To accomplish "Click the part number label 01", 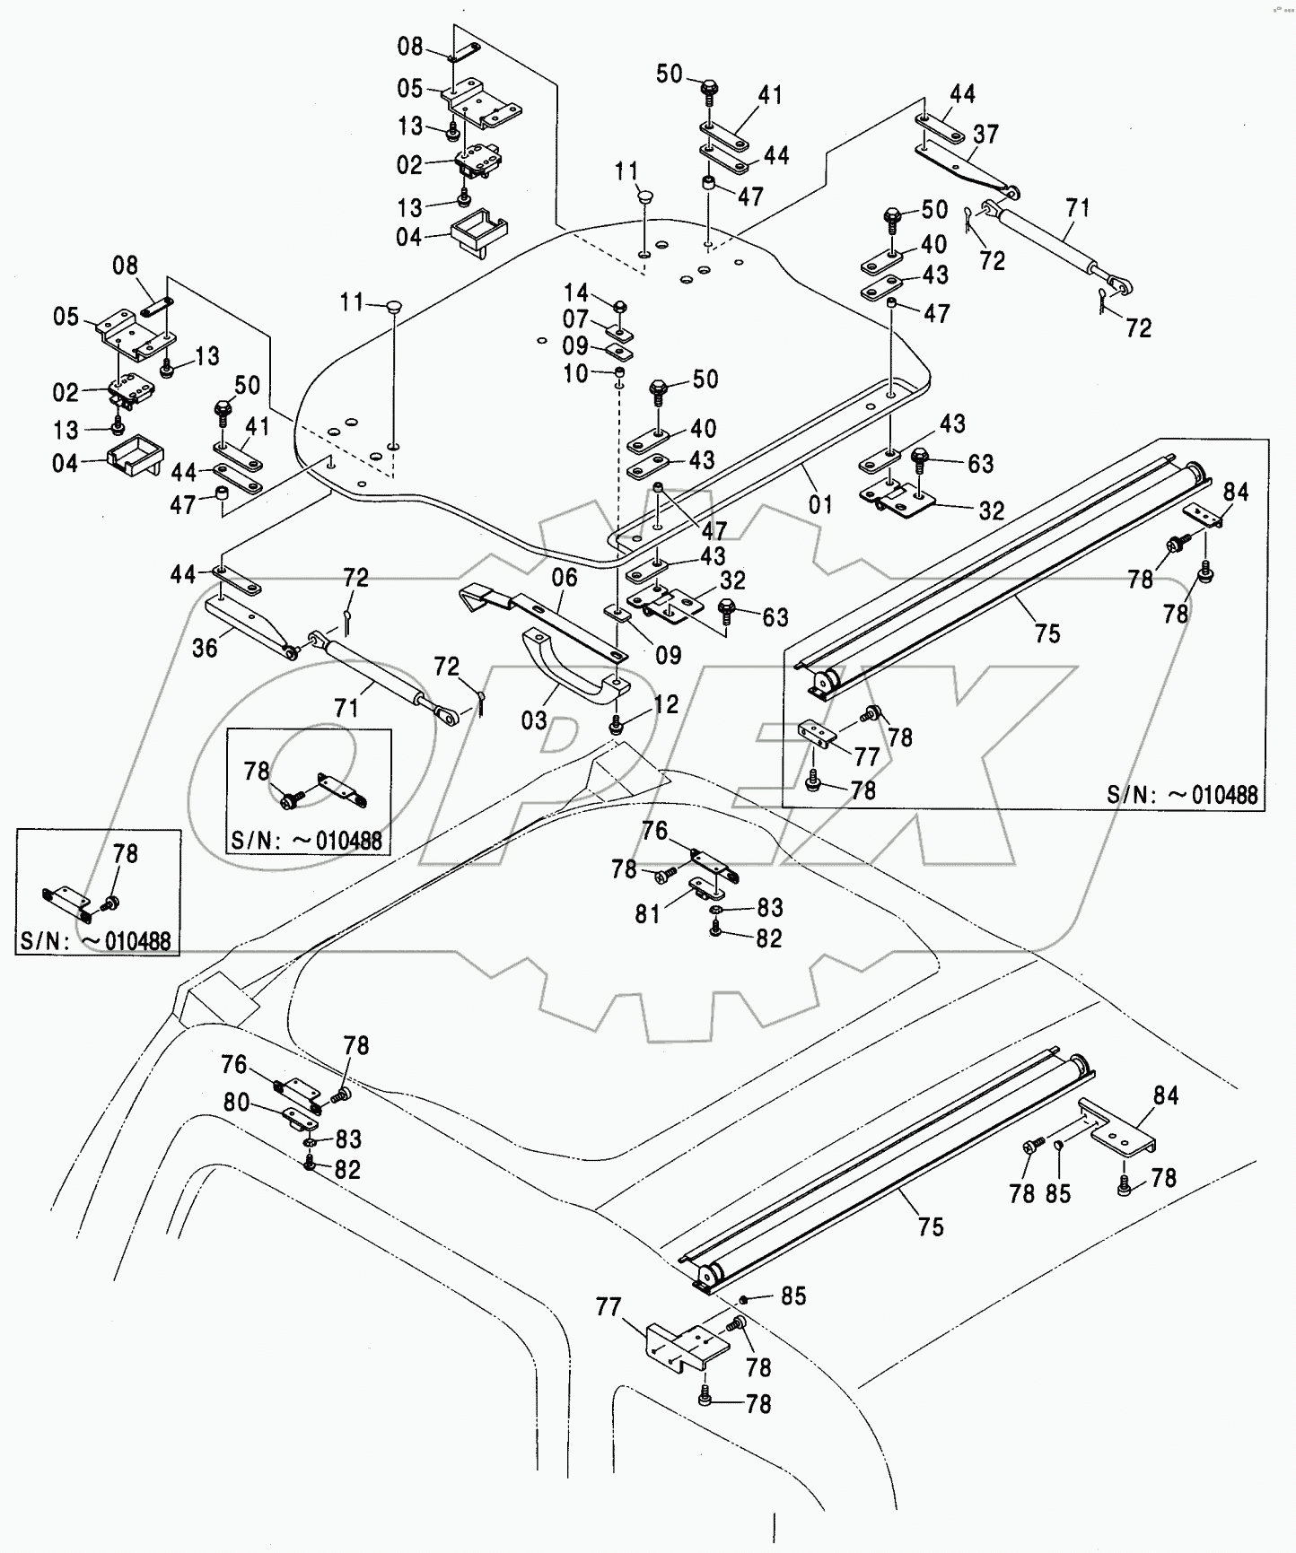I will (820, 504).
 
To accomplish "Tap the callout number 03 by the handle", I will (534, 720).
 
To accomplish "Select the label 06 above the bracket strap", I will (565, 577).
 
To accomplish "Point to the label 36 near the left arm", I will (205, 647).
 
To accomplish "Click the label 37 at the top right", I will (985, 135).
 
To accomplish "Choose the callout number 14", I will (576, 292).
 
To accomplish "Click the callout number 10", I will (576, 373).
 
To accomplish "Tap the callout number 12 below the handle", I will (666, 704).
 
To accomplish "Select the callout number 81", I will (648, 913).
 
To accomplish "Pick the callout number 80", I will (236, 1101).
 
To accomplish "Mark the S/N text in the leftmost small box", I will (94, 941).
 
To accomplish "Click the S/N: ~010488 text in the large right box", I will (1181, 794).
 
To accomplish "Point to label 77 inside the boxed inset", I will (867, 757).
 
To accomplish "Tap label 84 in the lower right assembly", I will (1165, 1095).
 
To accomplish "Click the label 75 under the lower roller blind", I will (931, 1226).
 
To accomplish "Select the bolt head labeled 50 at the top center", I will (708, 89).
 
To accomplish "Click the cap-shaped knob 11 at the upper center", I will (644, 195).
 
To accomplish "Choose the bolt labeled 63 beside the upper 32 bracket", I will (920, 458).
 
